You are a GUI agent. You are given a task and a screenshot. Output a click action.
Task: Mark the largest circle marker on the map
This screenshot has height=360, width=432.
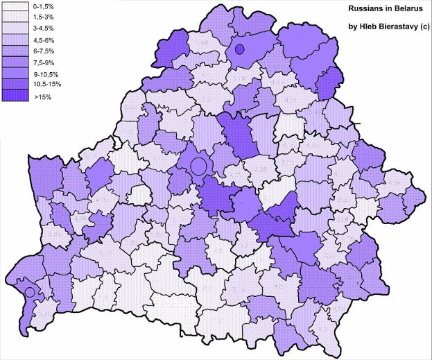point(198,166)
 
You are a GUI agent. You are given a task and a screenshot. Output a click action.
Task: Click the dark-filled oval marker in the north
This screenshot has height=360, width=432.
point(239,49)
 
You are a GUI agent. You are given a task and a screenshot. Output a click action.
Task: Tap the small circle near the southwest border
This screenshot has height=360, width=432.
point(29,293)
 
